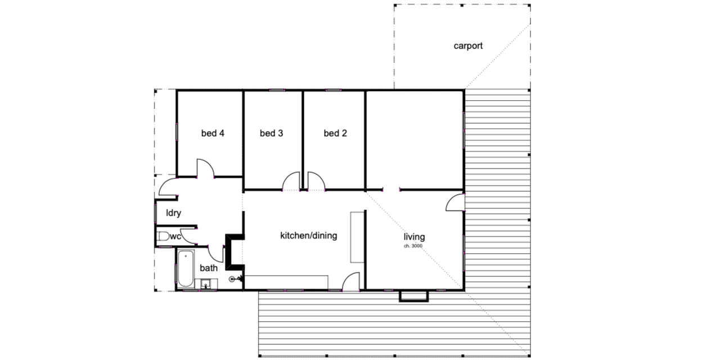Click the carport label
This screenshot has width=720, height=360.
[468, 46]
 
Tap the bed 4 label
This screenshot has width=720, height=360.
[213, 133]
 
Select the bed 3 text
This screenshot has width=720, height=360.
[271, 133]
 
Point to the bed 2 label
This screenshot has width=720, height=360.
[335, 133]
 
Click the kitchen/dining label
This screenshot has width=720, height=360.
[308, 236]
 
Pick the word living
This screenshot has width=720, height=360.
[414, 236]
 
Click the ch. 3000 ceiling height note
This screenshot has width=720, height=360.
[413, 246]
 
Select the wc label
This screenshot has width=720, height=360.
[175, 237]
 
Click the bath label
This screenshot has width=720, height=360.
[209, 268]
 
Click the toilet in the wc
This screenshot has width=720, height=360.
[163, 237]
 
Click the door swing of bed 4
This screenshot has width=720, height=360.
[205, 168]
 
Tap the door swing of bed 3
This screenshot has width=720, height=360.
[291, 181]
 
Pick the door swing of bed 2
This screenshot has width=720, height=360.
[316, 181]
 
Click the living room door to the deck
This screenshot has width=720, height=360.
[456, 203]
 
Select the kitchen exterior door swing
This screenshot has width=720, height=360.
[352, 282]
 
